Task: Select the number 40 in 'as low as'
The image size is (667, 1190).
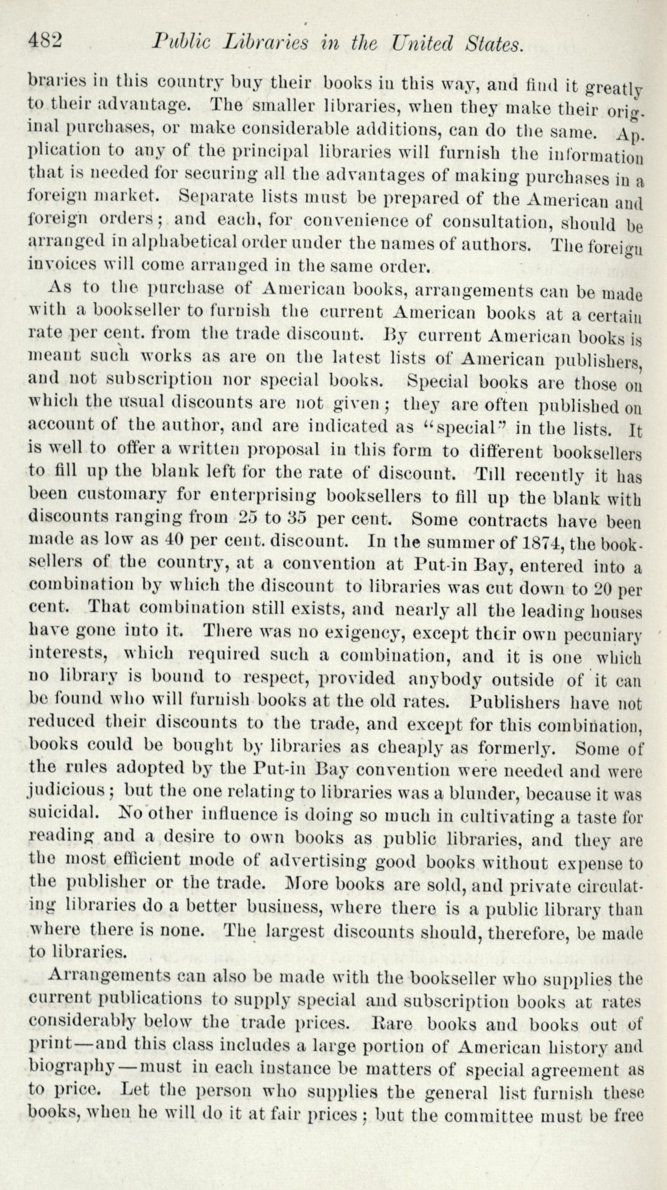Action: coord(175,540)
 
